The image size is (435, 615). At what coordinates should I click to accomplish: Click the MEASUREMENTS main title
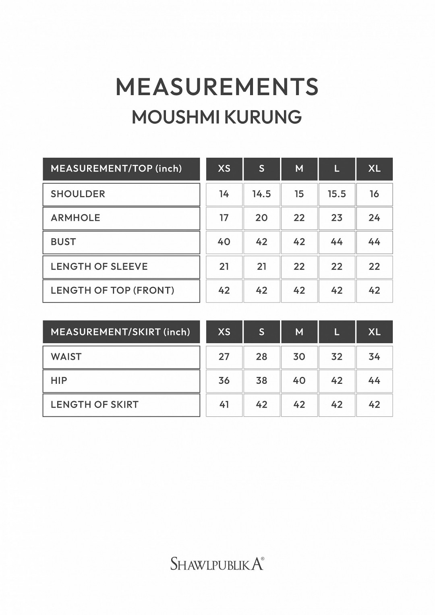tap(217, 87)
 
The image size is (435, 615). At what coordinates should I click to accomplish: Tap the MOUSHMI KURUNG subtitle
tap(217, 117)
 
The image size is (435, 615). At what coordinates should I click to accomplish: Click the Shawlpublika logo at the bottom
tap(217, 563)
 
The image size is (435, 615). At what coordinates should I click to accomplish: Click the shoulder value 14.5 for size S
tap(261, 194)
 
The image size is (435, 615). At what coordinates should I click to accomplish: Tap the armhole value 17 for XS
tap(224, 218)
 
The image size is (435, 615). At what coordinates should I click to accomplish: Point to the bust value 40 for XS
tap(224, 242)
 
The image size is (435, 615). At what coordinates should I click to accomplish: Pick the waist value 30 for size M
tap(299, 357)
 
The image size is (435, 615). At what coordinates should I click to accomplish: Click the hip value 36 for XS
tap(224, 381)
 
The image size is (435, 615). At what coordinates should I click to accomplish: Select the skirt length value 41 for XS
tap(224, 405)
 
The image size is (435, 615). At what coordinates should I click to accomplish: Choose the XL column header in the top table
tap(374, 169)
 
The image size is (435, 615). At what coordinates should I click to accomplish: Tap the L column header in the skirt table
tap(337, 332)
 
